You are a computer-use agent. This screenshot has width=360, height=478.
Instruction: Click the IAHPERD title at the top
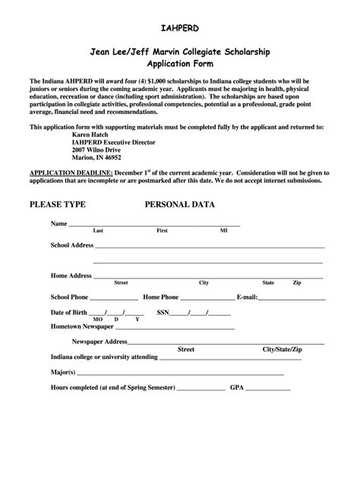coord(180,28)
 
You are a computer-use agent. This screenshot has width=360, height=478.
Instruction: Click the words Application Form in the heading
coord(180,65)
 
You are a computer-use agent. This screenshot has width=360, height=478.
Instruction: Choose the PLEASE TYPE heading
coord(57,205)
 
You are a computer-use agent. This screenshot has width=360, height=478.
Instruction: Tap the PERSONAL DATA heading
coord(180,205)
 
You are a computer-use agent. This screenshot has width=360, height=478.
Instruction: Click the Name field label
coord(58,225)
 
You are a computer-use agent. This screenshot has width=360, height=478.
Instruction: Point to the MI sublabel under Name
coord(223,230)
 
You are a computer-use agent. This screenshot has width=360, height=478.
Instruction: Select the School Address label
coord(71,246)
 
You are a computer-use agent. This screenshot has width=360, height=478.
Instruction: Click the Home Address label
coord(71,275)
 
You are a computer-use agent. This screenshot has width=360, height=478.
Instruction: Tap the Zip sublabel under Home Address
coord(297,282)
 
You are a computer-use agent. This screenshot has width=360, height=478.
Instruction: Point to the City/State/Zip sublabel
coord(283,349)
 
